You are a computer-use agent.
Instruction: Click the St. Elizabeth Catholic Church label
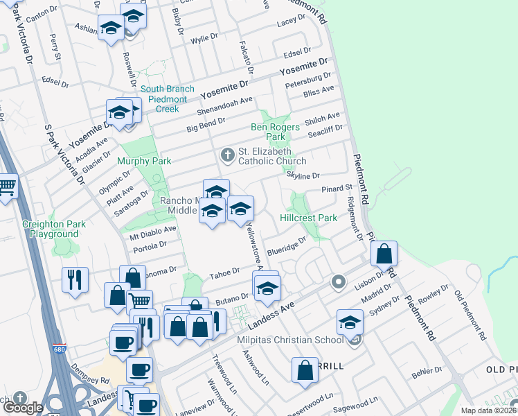tap(272, 156)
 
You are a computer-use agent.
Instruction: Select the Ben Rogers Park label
tap(275, 132)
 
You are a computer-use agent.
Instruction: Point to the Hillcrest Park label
tap(308, 218)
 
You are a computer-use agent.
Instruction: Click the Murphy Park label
tap(143, 161)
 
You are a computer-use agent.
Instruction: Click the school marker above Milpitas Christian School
tap(350, 322)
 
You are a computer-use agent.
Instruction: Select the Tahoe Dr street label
tap(225, 272)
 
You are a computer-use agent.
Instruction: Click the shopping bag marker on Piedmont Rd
tap(384, 254)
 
